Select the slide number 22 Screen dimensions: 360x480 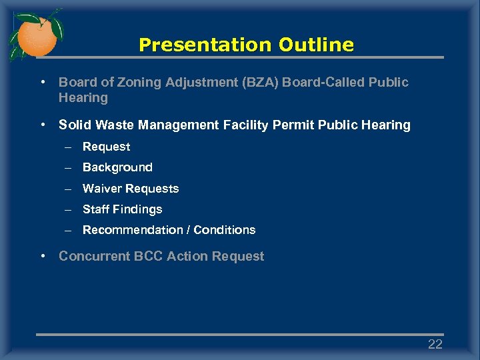click(435, 344)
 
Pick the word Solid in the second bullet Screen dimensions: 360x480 click(73, 125)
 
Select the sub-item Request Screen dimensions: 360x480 click(106, 147)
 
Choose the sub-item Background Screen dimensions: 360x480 click(117, 167)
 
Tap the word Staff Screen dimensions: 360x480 click(96, 209)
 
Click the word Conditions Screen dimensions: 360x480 click(224, 230)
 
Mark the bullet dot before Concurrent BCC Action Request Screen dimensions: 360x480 click(43, 256)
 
